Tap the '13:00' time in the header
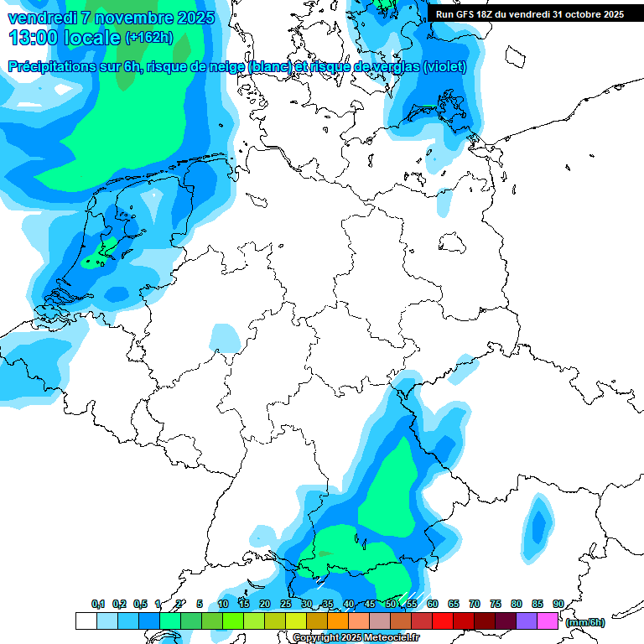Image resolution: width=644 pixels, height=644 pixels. (32, 37)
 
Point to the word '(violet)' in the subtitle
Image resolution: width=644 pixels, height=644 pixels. (444, 67)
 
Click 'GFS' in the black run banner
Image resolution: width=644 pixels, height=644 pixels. (475, 14)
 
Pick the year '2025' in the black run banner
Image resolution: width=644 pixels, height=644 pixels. (609, 14)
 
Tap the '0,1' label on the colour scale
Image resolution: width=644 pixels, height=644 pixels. (98, 605)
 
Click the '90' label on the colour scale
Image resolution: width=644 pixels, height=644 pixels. (558, 605)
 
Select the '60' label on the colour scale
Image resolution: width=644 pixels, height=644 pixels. (433, 605)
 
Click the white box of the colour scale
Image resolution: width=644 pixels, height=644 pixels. (86, 621)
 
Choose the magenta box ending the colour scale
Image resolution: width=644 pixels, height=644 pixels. (548, 621)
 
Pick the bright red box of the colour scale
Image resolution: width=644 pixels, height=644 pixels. (443, 621)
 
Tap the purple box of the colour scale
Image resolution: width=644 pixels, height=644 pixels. (527, 621)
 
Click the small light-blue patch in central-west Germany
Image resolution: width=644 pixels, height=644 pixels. (225, 337)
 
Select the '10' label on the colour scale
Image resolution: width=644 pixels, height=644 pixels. (223, 605)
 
